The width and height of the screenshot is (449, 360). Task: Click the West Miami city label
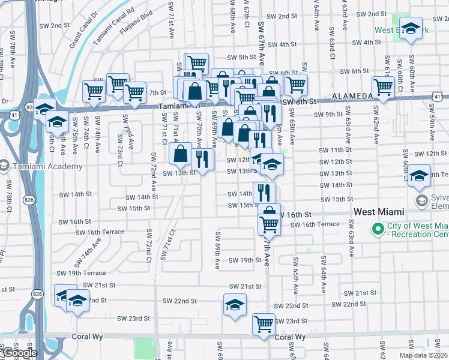point(379,212)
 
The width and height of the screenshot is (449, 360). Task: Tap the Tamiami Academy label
point(45,166)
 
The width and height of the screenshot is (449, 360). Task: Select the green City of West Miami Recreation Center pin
point(378,229)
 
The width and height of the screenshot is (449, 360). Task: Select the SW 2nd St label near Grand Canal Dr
point(64,25)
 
